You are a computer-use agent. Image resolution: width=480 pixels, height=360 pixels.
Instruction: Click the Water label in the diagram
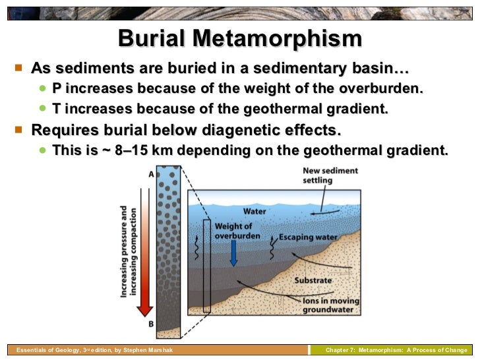(x=255, y=212)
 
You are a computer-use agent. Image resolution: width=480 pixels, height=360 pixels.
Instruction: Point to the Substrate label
(x=312, y=280)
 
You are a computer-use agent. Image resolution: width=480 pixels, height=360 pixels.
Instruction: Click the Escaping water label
(x=301, y=236)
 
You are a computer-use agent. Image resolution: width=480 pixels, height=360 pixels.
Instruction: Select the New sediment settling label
(x=330, y=175)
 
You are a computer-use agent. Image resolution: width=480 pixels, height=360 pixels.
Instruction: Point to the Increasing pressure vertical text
(x=124, y=251)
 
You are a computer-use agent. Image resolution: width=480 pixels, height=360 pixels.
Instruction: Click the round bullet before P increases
(x=43, y=88)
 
